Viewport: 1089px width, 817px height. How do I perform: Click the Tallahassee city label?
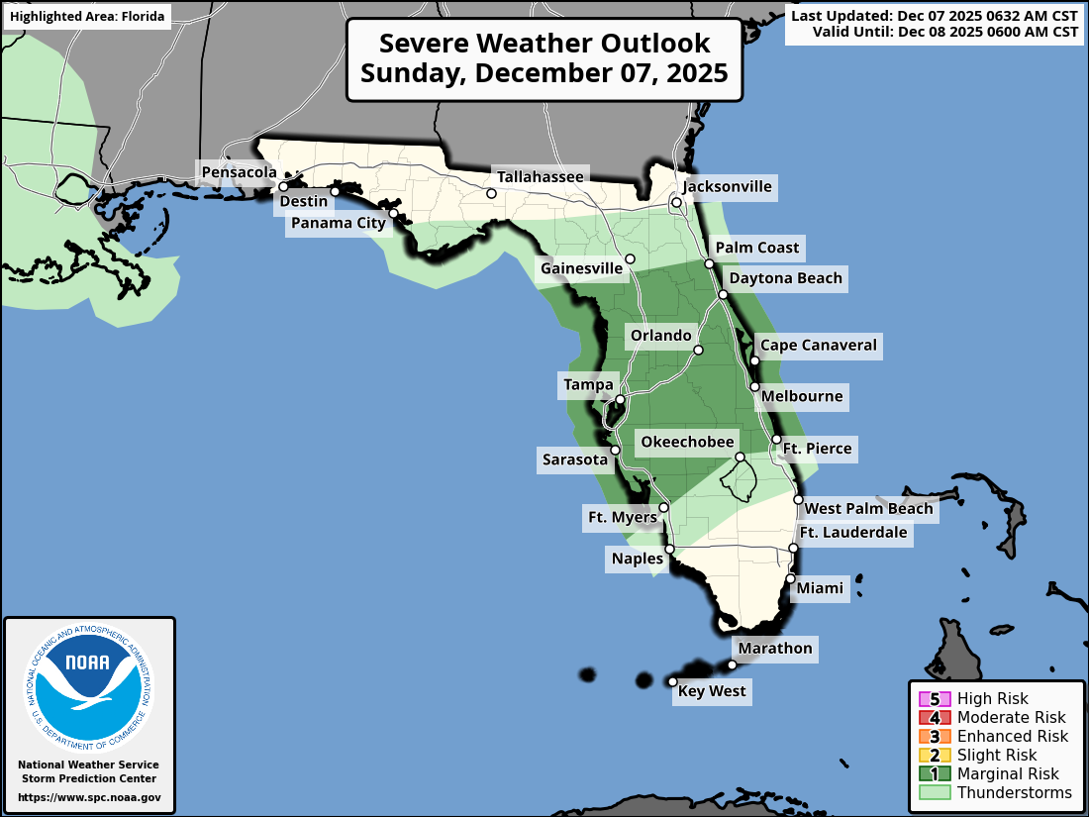[541, 176]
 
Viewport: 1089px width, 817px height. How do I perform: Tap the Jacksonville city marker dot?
[677, 203]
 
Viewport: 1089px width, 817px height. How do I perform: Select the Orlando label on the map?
[661, 336]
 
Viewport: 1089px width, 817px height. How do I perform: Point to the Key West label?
[712, 691]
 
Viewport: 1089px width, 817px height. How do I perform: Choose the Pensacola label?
[239, 172]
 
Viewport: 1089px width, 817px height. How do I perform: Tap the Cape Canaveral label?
[818, 346]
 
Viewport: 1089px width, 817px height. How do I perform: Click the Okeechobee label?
[687, 442]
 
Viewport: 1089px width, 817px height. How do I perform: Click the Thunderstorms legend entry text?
[1014, 792]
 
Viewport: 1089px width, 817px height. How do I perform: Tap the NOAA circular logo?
[89, 683]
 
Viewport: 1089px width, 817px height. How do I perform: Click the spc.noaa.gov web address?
[89, 797]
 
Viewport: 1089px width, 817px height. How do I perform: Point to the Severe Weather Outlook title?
[544, 58]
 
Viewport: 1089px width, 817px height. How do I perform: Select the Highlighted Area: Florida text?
[86, 17]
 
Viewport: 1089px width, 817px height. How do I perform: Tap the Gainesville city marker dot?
[630, 258]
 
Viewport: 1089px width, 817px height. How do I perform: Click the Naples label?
[638, 560]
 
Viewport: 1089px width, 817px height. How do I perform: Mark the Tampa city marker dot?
[620, 400]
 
